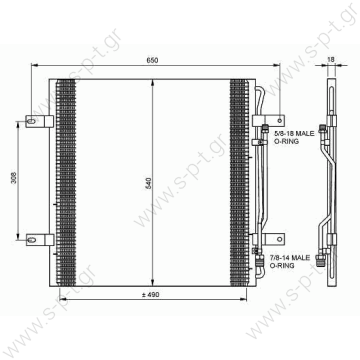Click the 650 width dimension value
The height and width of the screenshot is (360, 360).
(x=151, y=61)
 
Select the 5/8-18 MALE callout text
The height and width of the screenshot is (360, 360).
(x=290, y=126)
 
